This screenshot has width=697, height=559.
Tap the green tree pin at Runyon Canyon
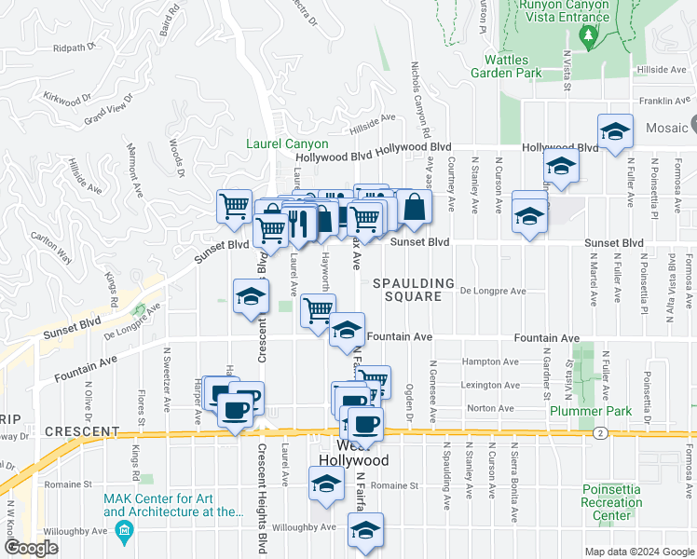(588, 36)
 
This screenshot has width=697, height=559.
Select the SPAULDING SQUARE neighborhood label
(414, 290)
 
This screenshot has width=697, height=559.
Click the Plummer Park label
(591, 410)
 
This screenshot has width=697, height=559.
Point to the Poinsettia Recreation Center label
(611, 502)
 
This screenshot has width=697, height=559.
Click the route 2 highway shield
(598, 432)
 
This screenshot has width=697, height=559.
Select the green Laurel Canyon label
(287, 143)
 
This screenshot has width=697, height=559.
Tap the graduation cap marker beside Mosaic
(616, 133)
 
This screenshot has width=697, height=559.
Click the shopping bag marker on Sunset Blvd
(415, 208)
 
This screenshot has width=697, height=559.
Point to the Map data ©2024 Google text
(639, 552)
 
